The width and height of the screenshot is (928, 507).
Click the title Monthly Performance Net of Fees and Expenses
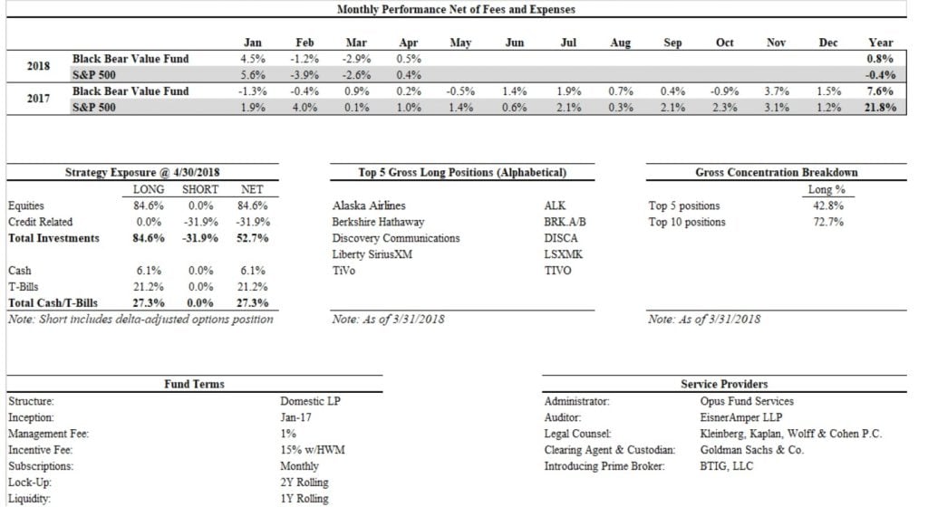[455, 9]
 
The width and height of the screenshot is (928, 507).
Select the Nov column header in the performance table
[776, 43]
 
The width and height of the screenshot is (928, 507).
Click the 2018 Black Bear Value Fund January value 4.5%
[254, 59]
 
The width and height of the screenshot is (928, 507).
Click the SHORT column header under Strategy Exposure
[200, 189]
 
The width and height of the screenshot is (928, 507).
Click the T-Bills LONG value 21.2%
[148, 287]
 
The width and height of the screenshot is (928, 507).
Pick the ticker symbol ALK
[553, 206]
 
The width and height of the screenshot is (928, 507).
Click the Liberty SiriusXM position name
[372, 254]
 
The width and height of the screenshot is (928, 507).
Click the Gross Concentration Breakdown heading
[776, 172]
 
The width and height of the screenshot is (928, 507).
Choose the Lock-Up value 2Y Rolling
[304, 483]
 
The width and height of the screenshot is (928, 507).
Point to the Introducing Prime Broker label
[604, 466]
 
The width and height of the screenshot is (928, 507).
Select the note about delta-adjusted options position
[140, 319]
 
